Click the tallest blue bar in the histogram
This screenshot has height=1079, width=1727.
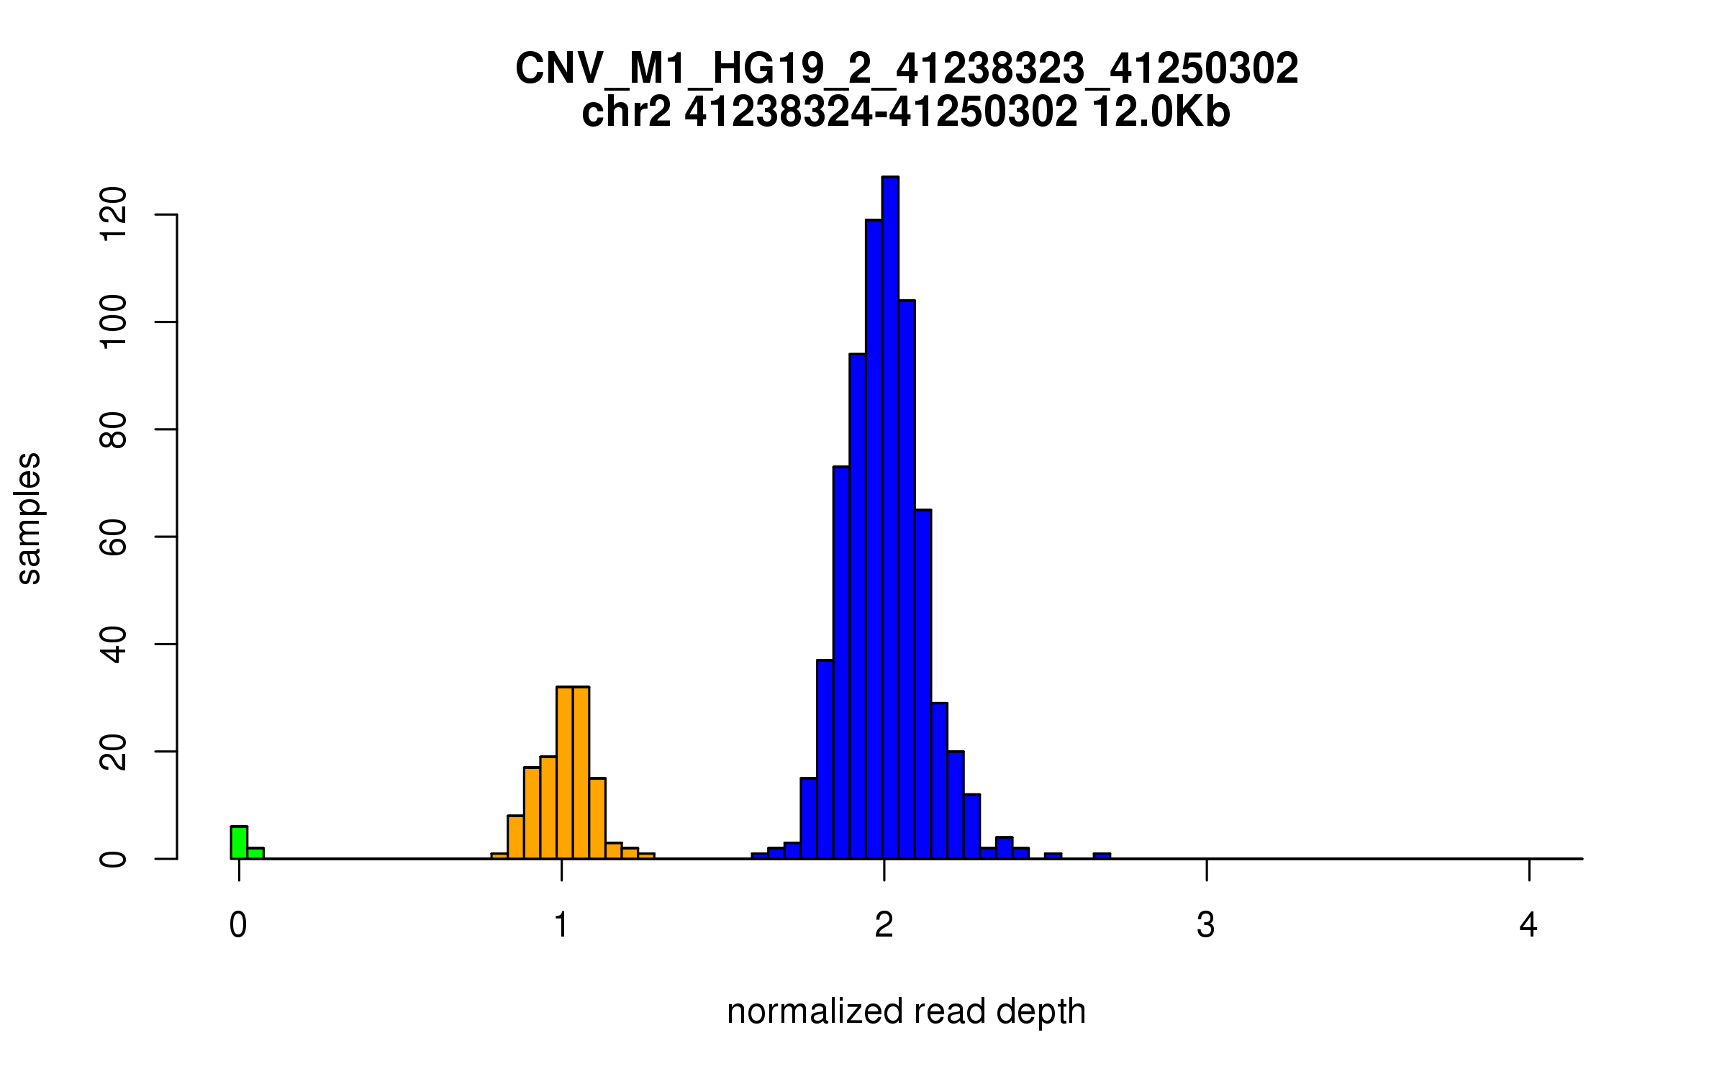[x=890, y=518]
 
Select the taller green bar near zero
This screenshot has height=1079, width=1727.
[x=239, y=842]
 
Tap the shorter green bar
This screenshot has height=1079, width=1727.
[x=255, y=853]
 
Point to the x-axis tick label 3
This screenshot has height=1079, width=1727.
[x=1206, y=925]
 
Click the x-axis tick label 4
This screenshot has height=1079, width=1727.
[x=1528, y=925]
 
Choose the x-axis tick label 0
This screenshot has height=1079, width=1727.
[x=238, y=925]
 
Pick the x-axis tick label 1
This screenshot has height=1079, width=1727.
[x=561, y=925]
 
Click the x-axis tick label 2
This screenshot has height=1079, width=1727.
[x=884, y=925]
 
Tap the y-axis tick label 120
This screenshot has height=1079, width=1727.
[x=114, y=214]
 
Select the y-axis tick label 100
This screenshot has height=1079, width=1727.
[x=114, y=322]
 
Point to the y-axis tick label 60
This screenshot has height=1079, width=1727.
[x=114, y=537]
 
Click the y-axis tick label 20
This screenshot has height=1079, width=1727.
[x=114, y=751]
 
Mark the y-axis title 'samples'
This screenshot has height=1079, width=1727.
[x=29, y=518]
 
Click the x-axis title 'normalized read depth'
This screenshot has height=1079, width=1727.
[x=906, y=1011]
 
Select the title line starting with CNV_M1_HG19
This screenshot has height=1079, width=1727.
[x=907, y=69]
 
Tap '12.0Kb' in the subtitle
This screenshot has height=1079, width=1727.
[x=1161, y=112]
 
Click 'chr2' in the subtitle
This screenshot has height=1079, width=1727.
[x=626, y=112]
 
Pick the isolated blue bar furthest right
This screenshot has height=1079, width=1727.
[x=1102, y=856]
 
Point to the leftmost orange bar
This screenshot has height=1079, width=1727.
[x=499, y=856]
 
